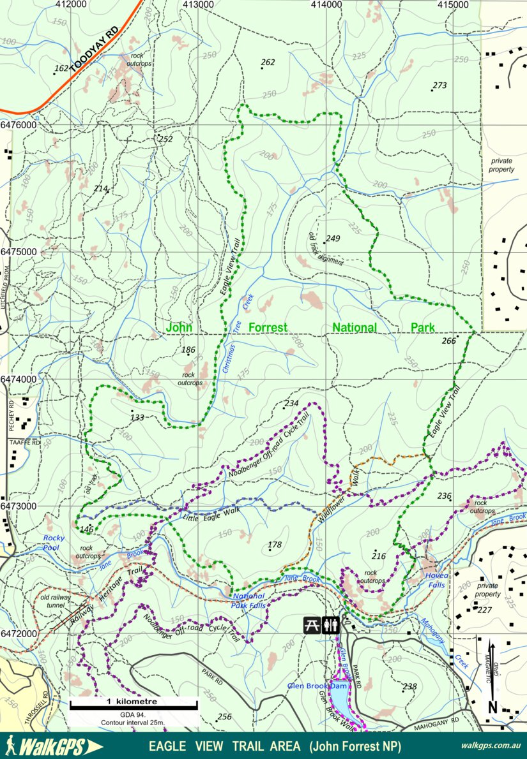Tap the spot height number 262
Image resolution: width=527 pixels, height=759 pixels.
[268, 62]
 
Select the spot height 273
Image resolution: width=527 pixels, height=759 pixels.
[439, 85]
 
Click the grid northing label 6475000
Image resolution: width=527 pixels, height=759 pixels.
[19, 252]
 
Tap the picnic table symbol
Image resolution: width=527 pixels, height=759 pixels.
[312, 624]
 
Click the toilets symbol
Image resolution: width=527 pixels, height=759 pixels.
[330, 624]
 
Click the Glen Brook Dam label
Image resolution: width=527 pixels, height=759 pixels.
[316, 686]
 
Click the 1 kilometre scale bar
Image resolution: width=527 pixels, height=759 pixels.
[133, 705]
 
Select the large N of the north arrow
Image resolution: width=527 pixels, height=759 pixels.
[493, 707]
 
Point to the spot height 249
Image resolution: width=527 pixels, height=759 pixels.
[333, 239]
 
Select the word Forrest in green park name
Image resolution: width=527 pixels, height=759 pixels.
[267, 327]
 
